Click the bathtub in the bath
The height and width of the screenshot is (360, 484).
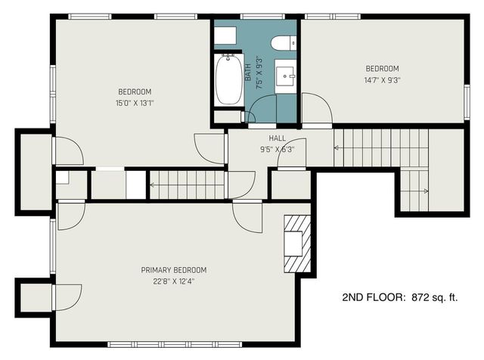[228, 81]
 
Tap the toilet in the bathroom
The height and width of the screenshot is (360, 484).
[285, 44]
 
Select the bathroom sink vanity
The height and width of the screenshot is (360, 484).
[286, 76]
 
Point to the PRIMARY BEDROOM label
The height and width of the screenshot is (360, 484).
[173, 270]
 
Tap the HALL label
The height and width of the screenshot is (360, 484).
[277, 138]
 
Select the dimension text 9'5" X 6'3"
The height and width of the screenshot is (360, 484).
[277, 149]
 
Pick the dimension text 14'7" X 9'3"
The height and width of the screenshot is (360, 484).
[382, 79]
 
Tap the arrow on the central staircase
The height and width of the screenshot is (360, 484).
[154, 184]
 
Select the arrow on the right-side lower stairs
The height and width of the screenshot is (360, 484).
[426, 191]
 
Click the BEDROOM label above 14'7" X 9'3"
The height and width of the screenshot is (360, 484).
[382, 68]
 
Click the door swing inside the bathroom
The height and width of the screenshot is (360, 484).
[261, 112]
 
